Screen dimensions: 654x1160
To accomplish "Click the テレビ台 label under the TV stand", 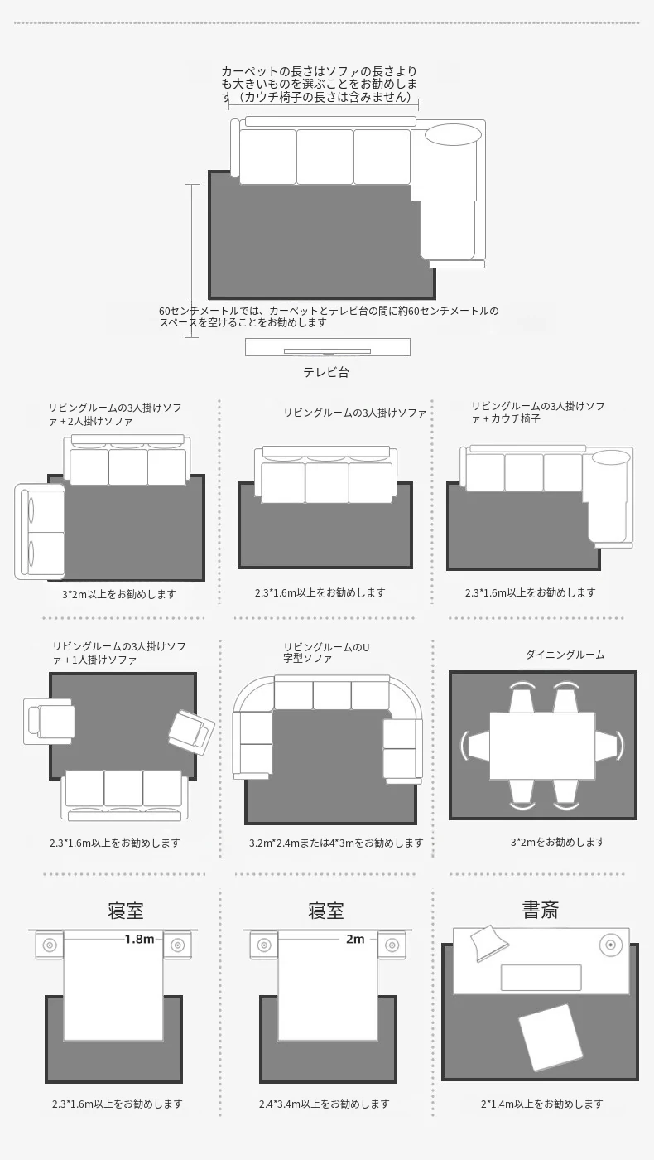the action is click(326, 372).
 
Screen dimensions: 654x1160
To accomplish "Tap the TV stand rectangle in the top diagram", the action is click(328, 347).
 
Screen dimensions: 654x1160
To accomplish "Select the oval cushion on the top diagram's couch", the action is click(454, 134).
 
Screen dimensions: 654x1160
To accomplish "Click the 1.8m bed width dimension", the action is click(139, 939).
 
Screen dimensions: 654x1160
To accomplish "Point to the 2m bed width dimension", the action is click(355, 939).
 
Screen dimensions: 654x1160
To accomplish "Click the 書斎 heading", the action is click(540, 910).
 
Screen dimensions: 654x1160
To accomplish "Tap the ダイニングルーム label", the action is click(565, 655).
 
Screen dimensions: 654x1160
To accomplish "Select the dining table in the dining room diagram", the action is click(542, 746).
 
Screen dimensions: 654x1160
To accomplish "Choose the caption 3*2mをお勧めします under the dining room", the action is click(557, 842).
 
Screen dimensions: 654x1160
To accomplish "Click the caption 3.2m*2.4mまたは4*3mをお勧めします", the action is click(336, 843).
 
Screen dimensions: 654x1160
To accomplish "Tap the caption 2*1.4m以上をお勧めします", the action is click(541, 1104).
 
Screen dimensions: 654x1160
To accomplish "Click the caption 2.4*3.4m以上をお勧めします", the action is click(324, 1104).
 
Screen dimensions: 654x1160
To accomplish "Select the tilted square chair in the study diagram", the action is click(551, 1037).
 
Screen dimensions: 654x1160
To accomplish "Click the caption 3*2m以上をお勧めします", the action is click(119, 594).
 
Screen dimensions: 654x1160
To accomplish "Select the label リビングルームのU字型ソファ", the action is click(326, 653).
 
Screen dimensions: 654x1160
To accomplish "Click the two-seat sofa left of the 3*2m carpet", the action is click(40, 531).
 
